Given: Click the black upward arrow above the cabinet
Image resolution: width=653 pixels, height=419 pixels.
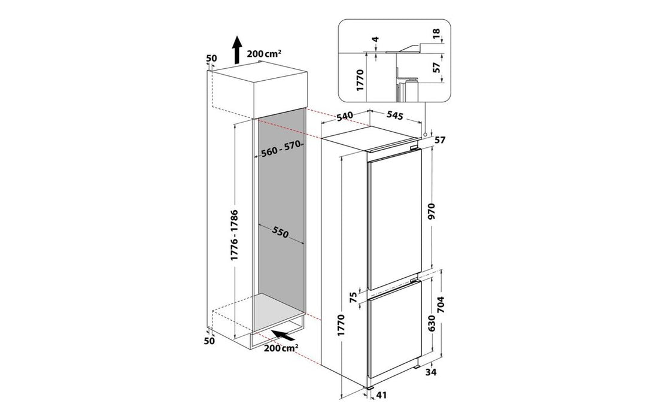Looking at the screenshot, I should [237, 50].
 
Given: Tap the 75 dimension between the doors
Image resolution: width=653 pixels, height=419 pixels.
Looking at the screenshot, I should [354, 296].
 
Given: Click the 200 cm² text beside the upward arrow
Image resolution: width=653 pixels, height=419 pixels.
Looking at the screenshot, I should [264, 53].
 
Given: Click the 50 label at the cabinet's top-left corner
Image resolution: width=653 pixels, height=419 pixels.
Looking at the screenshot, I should [211, 58].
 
